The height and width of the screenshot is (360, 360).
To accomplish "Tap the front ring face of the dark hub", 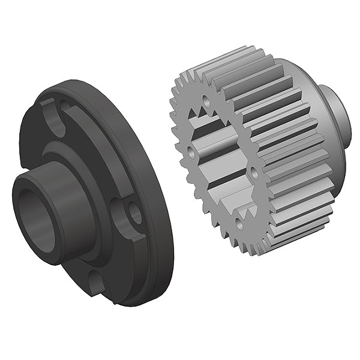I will click(x=24, y=198).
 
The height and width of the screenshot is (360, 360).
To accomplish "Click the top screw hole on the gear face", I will click(x=208, y=101).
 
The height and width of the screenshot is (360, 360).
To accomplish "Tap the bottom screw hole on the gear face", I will click(x=239, y=224).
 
